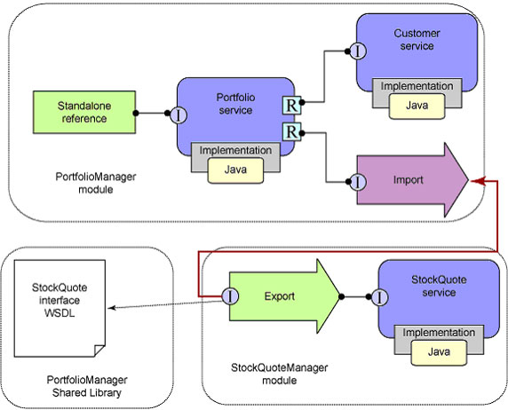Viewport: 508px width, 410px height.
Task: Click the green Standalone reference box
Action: pos(84,112)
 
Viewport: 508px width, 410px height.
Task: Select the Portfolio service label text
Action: pos(235,104)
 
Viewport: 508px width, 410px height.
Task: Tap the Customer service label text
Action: pos(417,40)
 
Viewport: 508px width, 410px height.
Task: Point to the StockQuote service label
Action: pos(439,286)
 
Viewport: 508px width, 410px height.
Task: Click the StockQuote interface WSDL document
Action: pos(60,308)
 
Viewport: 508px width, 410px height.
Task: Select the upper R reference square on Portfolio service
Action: pos(291,106)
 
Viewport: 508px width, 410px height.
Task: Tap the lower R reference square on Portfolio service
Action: pos(291,132)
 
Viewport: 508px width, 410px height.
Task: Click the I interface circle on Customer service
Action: pos(358,51)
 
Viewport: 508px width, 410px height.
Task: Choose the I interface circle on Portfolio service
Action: pos(179,115)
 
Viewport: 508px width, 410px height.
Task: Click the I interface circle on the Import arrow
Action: pos(358,182)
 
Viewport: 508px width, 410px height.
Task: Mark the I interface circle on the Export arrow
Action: pos(230,296)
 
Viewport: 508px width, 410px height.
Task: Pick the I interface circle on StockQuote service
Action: pos(379,297)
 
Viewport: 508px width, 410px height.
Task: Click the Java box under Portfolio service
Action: pos(235,170)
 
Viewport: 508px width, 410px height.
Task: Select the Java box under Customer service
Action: pos(417,106)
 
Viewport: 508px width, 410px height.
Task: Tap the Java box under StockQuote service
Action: pos(439,352)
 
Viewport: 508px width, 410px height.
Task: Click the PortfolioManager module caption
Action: pos(96,183)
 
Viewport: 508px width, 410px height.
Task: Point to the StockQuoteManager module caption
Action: pos(279,374)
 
